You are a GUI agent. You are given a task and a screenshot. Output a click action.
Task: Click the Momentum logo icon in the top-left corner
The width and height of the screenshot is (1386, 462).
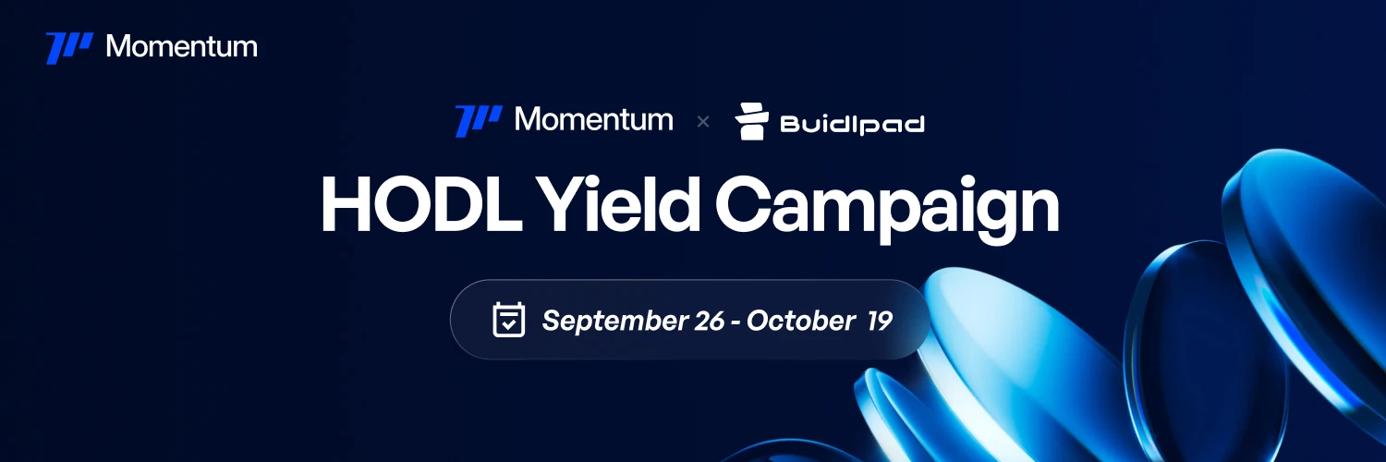[x=69, y=48]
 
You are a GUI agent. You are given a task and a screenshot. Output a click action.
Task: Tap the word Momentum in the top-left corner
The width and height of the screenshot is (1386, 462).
[x=181, y=46]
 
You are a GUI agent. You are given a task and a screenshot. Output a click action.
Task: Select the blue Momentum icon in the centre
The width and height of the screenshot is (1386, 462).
[x=479, y=121]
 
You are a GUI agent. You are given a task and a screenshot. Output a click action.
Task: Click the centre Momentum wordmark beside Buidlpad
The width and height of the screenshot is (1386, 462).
[x=593, y=119]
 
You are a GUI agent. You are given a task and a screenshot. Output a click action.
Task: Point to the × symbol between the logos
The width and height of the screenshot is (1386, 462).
[x=703, y=122]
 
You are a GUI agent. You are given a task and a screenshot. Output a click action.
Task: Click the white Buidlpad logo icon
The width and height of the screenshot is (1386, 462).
[x=752, y=121]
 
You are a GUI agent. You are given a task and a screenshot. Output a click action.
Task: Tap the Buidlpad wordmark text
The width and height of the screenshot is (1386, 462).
[x=853, y=125]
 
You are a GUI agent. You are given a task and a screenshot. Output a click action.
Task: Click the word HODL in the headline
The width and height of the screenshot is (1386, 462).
[x=421, y=203]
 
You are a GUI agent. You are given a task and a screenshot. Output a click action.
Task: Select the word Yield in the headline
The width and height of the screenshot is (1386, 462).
[x=617, y=203]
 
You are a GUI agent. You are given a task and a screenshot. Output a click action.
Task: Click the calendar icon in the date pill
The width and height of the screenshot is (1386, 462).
[x=508, y=319]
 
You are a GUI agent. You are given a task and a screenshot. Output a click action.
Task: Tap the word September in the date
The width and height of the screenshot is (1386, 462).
[x=614, y=321]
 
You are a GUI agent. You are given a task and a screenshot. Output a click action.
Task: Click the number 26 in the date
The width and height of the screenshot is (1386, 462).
[x=709, y=321]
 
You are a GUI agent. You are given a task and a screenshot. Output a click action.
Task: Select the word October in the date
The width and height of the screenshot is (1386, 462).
[x=801, y=321]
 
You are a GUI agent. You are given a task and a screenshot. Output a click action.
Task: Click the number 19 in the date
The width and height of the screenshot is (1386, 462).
[x=880, y=321]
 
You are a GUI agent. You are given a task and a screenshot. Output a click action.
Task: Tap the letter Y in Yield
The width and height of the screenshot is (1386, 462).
[x=561, y=203]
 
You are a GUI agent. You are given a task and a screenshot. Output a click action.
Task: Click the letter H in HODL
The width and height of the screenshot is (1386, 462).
[x=346, y=204]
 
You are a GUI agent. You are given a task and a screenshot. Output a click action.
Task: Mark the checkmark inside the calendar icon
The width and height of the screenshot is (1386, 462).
[x=508, y=323]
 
